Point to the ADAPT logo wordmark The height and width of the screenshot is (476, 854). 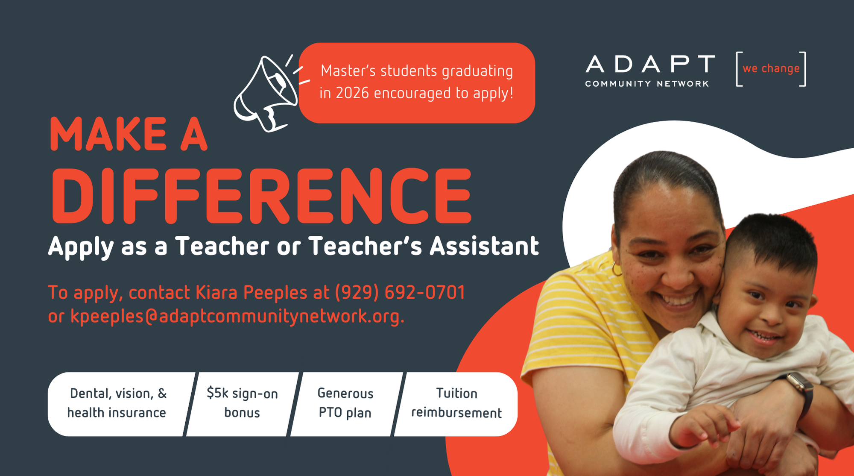(x=650, y=64)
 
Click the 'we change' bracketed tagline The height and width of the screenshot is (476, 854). (x=771, y=69)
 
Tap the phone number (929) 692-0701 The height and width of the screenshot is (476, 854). (x=400, y=292)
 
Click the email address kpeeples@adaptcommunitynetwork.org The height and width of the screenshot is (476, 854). (x=237, y=317)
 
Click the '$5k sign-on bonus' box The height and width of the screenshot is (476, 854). (x=243, y=404)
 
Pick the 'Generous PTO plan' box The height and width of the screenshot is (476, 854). (x=346, y=404)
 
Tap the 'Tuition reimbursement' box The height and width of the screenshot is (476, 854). (x=456, y=404)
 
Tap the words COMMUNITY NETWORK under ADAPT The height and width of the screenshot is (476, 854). (x=647, y=84)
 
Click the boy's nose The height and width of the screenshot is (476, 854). (x=771, y=314)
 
